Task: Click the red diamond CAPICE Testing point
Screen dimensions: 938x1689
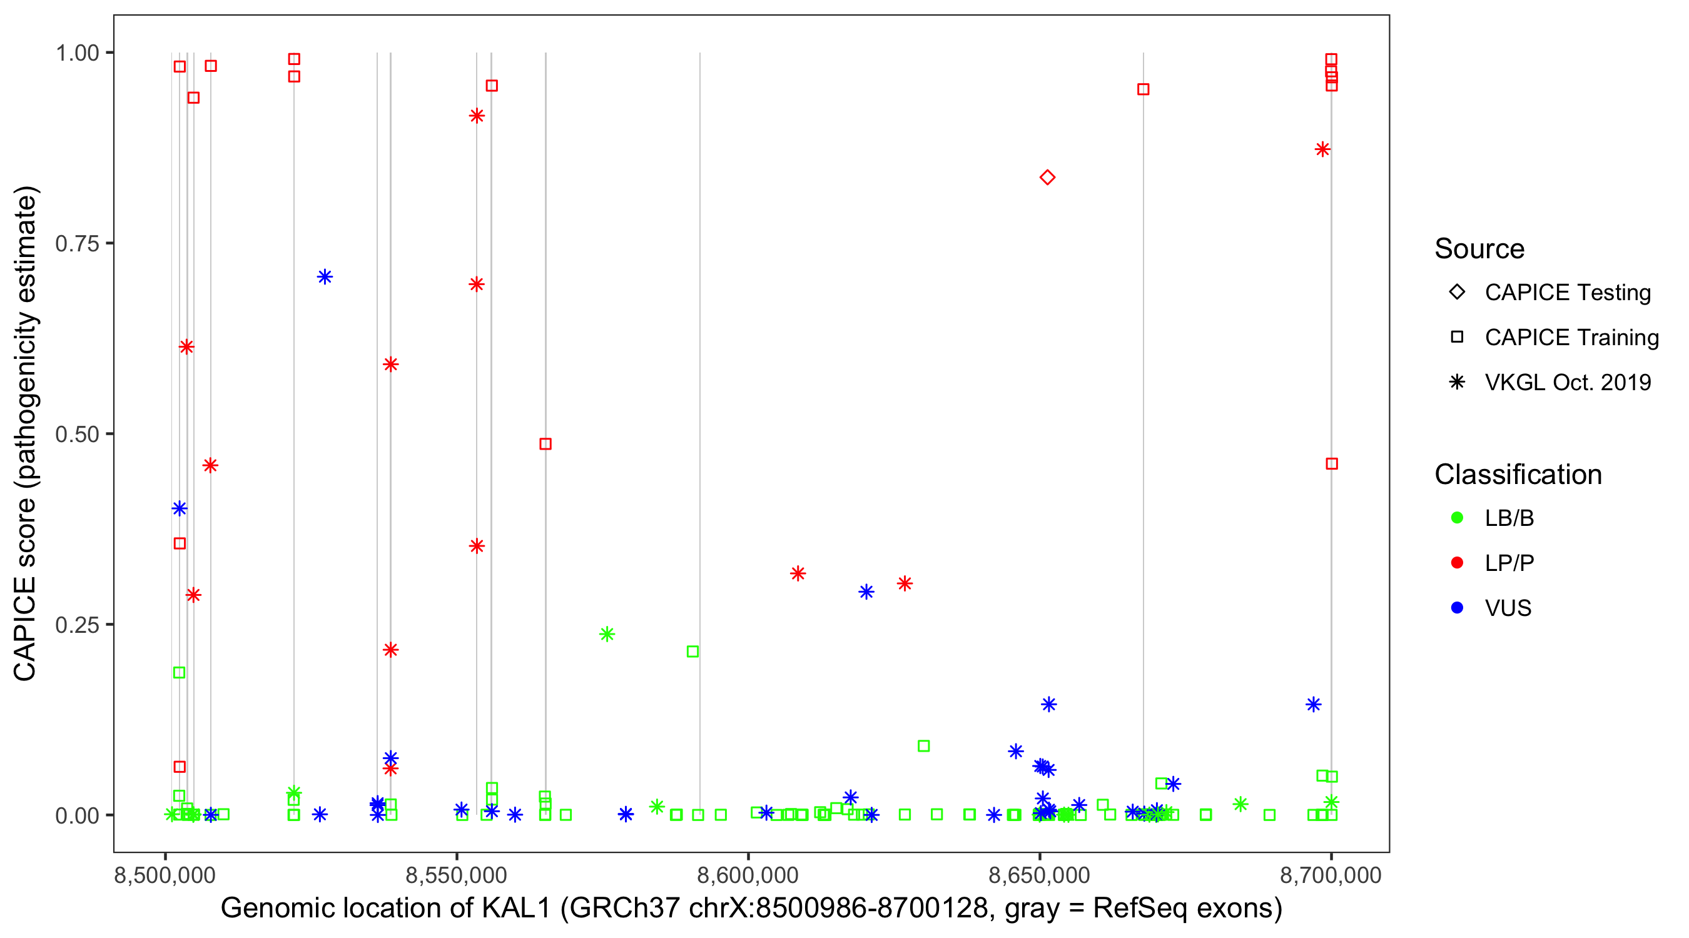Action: click(1047, 178)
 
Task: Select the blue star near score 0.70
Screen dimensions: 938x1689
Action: click(325, 276)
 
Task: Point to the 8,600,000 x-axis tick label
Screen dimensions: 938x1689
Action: click(748, 875)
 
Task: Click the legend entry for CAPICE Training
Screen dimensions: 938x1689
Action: click(1571, 338)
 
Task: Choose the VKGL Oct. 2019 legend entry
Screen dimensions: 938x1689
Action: click(1567, 383)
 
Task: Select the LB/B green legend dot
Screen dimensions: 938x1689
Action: click(1458, 518)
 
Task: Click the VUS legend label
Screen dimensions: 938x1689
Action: click(1508, 608)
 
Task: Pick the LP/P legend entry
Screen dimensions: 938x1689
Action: click(1509, 563)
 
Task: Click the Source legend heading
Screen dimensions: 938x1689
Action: click(1479, 249)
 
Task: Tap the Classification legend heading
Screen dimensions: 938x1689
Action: click(1518, 475)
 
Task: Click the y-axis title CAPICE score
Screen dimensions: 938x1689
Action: click(26, 434)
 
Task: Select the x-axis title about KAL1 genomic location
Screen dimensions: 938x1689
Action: click(751, 909)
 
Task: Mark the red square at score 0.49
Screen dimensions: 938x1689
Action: click(545, 444)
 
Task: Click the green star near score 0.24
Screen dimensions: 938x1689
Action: click(607, 634)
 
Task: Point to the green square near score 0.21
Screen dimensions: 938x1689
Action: click(692, 652)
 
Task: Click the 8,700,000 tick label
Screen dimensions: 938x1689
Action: click(1331, 875)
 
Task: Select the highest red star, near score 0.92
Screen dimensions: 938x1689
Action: click(477, 116)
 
